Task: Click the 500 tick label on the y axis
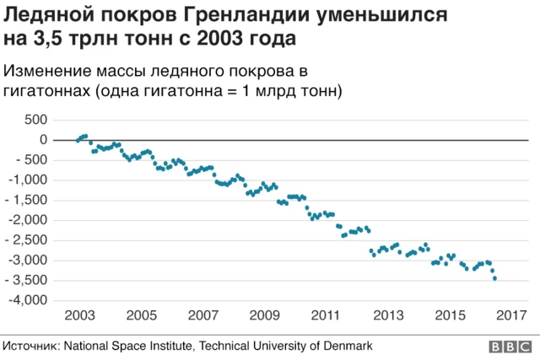pos(36,120)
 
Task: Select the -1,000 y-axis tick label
pos(29,180)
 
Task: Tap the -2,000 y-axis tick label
pos(29,220)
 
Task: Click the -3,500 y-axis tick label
pos(29,281)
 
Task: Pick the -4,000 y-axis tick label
pos(29,301)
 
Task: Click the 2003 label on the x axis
pos(79,315)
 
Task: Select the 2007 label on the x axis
pos(203,315)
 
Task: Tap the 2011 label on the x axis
pos(326,315)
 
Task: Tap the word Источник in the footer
pos(29,346)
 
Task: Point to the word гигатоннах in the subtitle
pos(46,91)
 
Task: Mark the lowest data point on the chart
pos(494,278)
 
